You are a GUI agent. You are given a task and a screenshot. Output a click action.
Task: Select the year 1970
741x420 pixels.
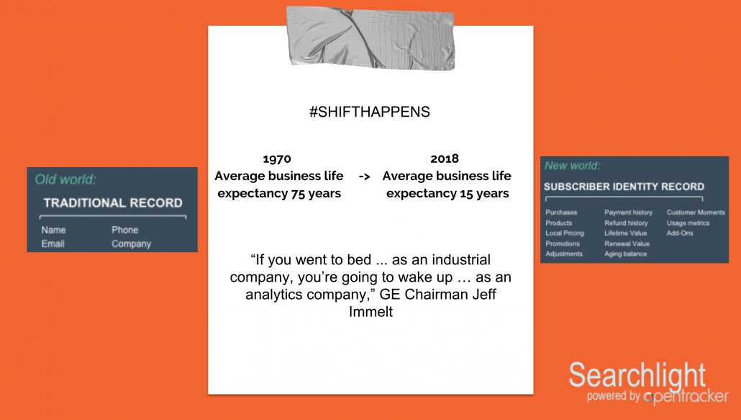pyautogui.click(x=277, y=158)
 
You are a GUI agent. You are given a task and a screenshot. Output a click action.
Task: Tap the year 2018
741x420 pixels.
pyautogui.click(x=445, y=158)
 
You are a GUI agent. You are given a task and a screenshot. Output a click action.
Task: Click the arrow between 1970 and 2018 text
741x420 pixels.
pyautogui.click(x=364, y=177)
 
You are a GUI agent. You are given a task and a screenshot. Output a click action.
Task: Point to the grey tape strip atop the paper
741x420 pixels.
pyautogui.click(x=370, y=37)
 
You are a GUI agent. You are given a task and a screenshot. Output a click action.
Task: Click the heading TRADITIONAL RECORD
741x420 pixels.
pyautogui.click(x=113, y=203)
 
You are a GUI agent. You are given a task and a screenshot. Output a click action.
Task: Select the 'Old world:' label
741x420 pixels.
pyautogui.click(x=65, y=179)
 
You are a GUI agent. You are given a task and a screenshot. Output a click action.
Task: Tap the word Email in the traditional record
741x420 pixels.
pyautogui.click(x=53, y=243)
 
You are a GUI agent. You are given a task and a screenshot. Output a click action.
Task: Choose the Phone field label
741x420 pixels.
pyautogui.click(x=124, y=230)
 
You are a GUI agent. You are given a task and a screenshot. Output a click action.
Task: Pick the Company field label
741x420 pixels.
pyautogui.click(x=131, y=243)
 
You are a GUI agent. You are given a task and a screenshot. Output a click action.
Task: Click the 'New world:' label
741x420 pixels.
pyautogui.click(x=573, y=166)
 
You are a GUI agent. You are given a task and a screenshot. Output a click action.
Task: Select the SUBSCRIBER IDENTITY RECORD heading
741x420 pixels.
pyautogui.click(x=624, y=187)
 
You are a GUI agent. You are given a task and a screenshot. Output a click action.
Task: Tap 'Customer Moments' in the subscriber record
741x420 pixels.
pyautogui.click(x=696, y=213)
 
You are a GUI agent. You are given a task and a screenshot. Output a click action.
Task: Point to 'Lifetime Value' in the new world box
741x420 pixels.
pyautogui.click(x=627, y=233)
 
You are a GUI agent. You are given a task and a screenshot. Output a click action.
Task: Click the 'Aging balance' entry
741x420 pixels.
pyautogui.click(x=625, y=254)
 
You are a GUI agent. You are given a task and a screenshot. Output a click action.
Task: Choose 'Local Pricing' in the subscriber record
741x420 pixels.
pyautogui.click(x=565, y=233)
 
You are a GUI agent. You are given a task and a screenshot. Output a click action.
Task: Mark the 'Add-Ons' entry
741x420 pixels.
pyautogui.click(x=680, y=233)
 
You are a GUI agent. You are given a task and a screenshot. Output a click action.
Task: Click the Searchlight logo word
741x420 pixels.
pyautogui.click(x=637, y=376)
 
